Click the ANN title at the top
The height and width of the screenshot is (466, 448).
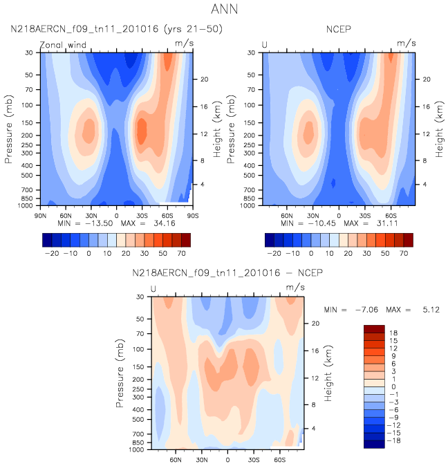click(223, 10)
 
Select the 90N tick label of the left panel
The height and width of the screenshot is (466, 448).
click(40, 214)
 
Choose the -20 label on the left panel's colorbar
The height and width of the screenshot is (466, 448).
click(54, 254)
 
